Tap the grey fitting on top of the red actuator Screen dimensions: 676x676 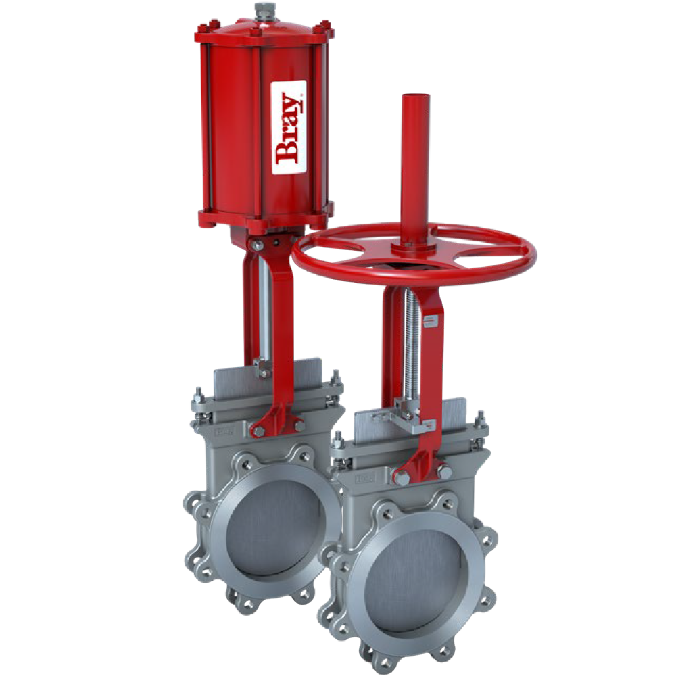262,11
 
